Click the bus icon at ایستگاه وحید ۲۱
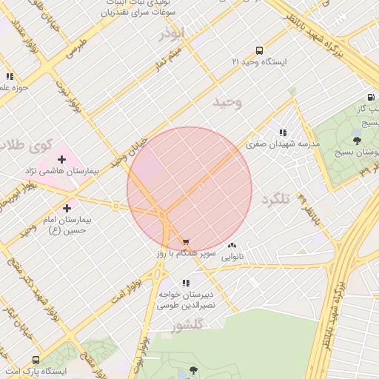(x=258, y=50)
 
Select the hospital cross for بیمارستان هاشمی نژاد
(x=61, y=158)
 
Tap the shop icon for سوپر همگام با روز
(x=185, y=241)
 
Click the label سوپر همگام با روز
(x=185, y=253)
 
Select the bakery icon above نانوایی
(x=232, y=245)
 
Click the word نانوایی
(x=232, y=257)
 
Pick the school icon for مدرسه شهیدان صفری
(x=283, y=132)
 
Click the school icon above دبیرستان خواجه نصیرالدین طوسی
(x=186, y=282)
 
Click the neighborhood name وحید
(x=227, y=102)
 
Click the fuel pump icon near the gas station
(x=370, y=97)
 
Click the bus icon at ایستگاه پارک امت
(x=36, y=359)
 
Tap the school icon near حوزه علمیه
(x=10, y=76)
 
